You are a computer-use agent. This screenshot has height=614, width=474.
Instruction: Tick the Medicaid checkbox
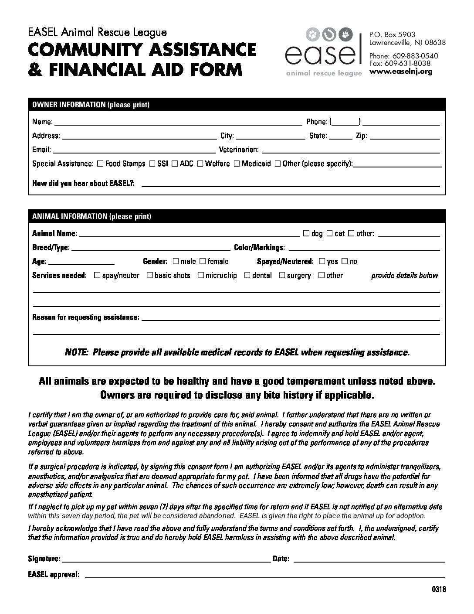(237, 164)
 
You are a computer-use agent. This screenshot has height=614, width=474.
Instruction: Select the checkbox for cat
(329, 234)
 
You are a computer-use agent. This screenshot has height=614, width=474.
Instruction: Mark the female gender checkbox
(203, 262)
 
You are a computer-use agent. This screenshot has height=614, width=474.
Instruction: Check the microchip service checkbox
(201, 276)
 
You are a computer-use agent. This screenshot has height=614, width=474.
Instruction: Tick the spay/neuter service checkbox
(97, 276)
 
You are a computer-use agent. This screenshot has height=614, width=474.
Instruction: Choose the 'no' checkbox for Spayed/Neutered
(345, 262)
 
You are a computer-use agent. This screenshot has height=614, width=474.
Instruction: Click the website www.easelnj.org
(401, 72)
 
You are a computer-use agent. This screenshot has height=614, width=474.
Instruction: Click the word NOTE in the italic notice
(76, 352)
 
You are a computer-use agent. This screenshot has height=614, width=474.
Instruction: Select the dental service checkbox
(247, 276)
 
